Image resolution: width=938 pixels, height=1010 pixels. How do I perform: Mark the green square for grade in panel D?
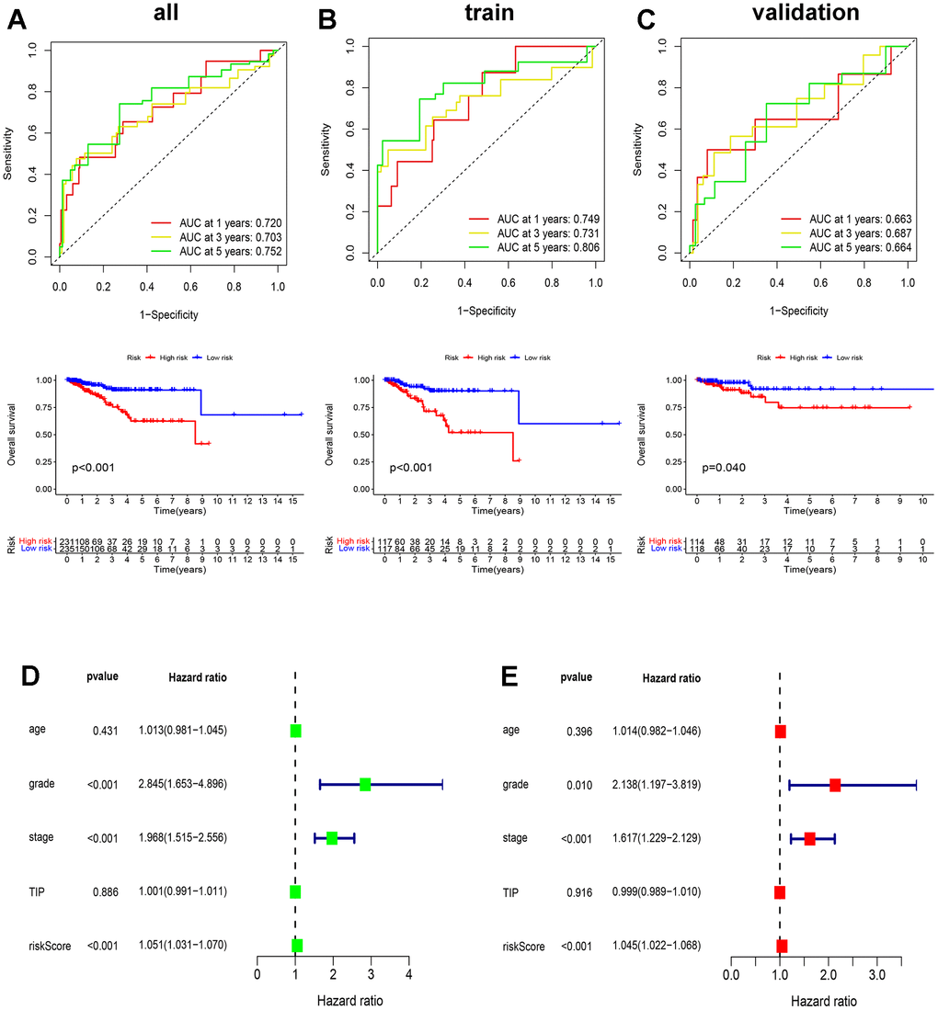[x=365, y=784]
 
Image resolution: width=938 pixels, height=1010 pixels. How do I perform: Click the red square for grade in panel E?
[x=835, y=785]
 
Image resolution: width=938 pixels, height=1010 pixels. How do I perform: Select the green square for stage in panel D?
[x=332, y=838]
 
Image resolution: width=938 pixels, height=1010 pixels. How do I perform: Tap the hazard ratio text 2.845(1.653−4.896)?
[x=184, y=785]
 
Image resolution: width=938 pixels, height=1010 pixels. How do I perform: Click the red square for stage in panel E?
[x=809, y=838]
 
